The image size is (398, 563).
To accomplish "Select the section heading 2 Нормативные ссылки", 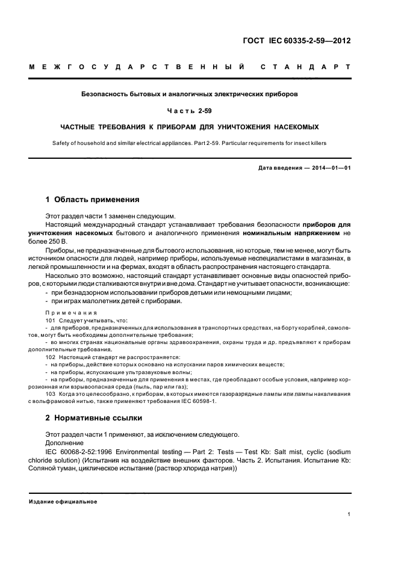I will coord(94,418).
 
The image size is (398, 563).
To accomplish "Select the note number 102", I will coord(51,357).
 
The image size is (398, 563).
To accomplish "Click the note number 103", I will coord(51,393).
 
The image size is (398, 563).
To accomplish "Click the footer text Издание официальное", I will coord(63,502).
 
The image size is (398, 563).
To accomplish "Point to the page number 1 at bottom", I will coord(349,514).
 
